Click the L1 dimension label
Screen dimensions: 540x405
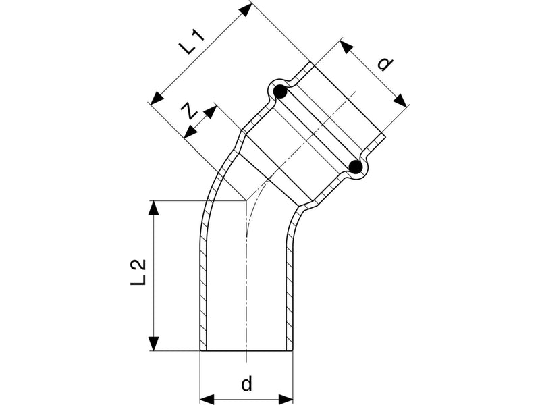pos(193,43)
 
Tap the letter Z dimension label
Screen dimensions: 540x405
pos(189,110)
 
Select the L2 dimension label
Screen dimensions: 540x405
pos(138,272)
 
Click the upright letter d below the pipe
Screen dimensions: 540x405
pos(246,383)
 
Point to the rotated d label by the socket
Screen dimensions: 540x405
pos(385,64)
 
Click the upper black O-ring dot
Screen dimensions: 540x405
pos(280,92)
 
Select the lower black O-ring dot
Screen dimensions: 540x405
pos(356,167)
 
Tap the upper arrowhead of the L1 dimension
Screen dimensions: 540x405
pos(245,10)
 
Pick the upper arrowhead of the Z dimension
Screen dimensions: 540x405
pos(211,112)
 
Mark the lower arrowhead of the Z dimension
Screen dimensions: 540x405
pos(190,132)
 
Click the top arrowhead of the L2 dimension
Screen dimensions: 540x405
pos(154,208)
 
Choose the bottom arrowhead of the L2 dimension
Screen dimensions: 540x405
pos(154,344)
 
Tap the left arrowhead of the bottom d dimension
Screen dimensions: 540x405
pos(207,399)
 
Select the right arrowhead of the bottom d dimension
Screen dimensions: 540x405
pos(286,399)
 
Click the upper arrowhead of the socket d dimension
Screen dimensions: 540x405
pos(347,47)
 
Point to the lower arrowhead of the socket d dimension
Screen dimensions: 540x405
pos(400,101)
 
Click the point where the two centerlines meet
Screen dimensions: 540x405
pos(246,200)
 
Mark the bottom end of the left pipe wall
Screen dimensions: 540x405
pos(203,350)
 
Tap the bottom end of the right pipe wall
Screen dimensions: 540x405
pos(290,350)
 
